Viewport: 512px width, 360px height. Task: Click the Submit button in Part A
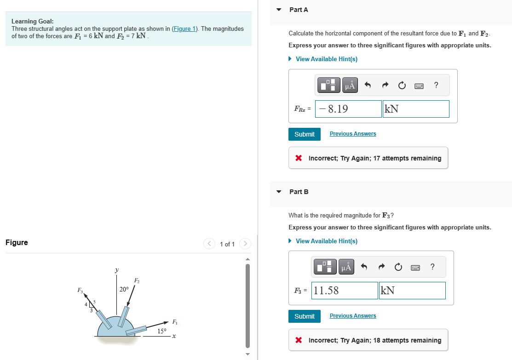click(x=304, y=134)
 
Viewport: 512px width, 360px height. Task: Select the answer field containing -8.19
click(x=349, y=109)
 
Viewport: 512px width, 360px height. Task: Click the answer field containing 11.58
click(x=345, y=291)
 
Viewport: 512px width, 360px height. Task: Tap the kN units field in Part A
click(x=415, y=109)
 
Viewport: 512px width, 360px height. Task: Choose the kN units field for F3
click(x=412, y=291)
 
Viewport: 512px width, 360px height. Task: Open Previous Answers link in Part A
click(x=352, y=134)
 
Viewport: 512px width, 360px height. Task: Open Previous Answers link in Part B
click(x=352, y=316)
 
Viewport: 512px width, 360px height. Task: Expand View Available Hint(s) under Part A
click(x=326, y=59)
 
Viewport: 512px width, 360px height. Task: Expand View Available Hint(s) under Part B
click(x=326, y=241)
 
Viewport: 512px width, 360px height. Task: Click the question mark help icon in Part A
click(x=436, y=85)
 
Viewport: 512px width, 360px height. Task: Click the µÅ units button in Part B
click(x=346, y=267)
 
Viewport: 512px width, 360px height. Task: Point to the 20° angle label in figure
click(x=124, y=289)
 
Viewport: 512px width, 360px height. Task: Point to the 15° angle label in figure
click(x=161, y=331)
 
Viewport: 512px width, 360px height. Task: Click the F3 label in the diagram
click(x=81, y=290)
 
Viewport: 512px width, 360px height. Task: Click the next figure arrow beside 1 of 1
click(x=245, y=244)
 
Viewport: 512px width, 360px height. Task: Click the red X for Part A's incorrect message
click(x=299, y=158)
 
